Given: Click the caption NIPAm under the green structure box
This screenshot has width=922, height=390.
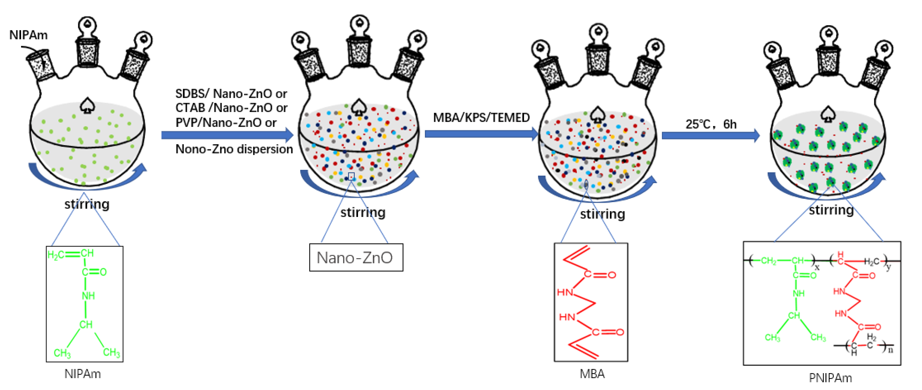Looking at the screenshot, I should click(x=83, y=374).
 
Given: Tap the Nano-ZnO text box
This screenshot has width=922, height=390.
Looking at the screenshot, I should click(x=356, y=258).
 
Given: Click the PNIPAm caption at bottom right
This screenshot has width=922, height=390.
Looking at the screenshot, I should click(x=830, y=378).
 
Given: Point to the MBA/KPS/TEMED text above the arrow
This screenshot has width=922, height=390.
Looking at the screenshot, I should click(x=481, y=118).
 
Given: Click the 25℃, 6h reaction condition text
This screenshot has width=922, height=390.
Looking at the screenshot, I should click(x=711, y=124).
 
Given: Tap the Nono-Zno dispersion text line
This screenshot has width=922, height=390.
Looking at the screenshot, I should click(x=234, y=149).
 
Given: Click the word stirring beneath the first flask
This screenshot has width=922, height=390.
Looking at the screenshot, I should click(x=87, y=204).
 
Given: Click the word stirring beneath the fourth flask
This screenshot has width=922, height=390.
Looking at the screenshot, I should click(x=831, y=210).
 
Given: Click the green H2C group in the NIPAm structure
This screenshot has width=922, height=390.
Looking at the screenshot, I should click(x=56, y=255).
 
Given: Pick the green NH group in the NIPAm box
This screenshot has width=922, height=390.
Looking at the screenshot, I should click(x=88, y=296).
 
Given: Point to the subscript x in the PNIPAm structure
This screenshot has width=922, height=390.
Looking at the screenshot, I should click(x=817, y=267).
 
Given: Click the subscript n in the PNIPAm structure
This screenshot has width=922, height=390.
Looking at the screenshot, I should click(x=890, y=350).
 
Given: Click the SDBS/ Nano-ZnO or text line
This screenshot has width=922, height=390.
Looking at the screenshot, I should click(x=231, y=94).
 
